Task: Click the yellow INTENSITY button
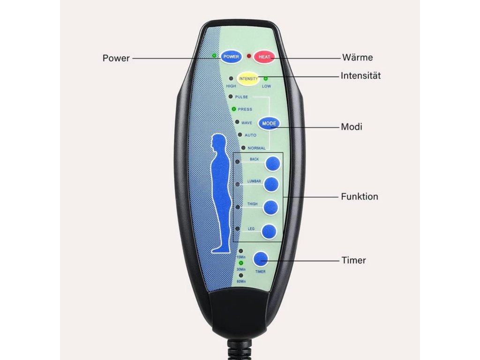tap(248, 79)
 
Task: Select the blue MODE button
tap(269, 124)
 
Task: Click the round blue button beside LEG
tap(269, 232)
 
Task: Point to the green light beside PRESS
tap(233, 109)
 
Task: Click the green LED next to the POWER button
tap(214, 56)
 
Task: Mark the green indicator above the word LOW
tap(265, 78)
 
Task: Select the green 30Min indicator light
tap(241, 263)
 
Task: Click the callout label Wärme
tap(357, 58)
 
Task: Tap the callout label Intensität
tap(360, 75)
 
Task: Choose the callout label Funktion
tap(360, 196)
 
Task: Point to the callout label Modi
tap(352, 127)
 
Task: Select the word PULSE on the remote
tap(241, 97)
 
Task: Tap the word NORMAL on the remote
tap(256, 148)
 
